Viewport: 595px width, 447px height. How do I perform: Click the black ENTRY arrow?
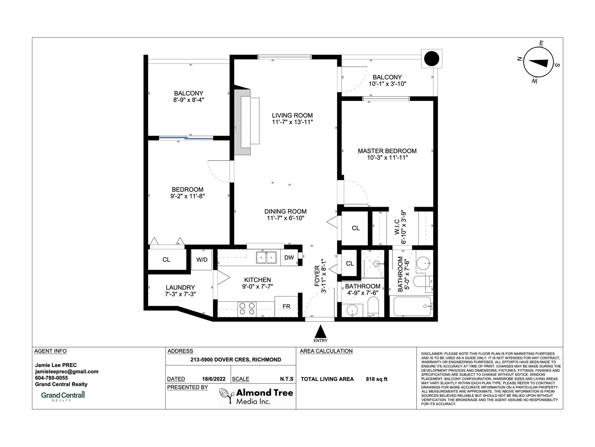(x=321, y=332)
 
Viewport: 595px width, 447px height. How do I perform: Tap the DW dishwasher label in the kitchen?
(x=289, y=257)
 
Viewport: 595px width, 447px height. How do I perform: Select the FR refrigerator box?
(x=286, y=307)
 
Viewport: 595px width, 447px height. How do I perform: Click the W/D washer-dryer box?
(x=202, y=260)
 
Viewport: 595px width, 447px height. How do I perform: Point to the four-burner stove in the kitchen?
(x=247, y=309)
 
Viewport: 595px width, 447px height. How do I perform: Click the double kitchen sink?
(x=266, y=257)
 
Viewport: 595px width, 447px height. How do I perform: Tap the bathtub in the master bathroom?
(x=412, y=307)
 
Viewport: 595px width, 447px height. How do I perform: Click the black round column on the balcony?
(x=431, y=58)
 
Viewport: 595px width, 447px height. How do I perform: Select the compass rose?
(x=538, y=62)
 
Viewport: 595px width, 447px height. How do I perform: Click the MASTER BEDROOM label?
(x=387, y=151)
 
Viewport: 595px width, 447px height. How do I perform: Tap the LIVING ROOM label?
(x=292, y=115)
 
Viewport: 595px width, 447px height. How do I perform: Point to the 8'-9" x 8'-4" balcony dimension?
(x=189, y=100)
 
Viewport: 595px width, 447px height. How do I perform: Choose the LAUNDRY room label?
(x=180, y=288)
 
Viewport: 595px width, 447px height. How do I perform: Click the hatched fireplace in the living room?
(x=242, y=122)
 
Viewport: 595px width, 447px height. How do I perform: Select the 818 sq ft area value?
(x=376, y=379)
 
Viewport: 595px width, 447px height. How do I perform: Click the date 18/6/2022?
(x=213, y=379)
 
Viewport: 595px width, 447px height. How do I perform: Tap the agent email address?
(x=67, y=371)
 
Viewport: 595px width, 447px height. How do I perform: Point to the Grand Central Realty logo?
(x=63, y=396)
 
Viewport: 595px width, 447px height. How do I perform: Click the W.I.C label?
(x=397, y=227)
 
